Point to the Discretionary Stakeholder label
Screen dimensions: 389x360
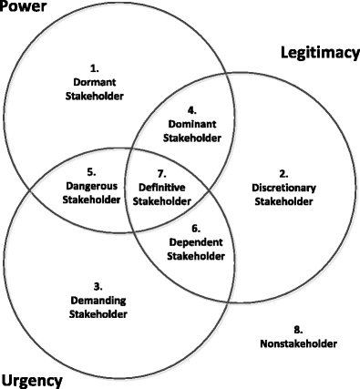[x=283, y=187]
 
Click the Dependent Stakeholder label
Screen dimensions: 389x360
[x=194, y=250]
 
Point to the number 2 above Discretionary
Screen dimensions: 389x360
[x=283, y=172]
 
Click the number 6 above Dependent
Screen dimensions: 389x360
[x=194, y=230]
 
